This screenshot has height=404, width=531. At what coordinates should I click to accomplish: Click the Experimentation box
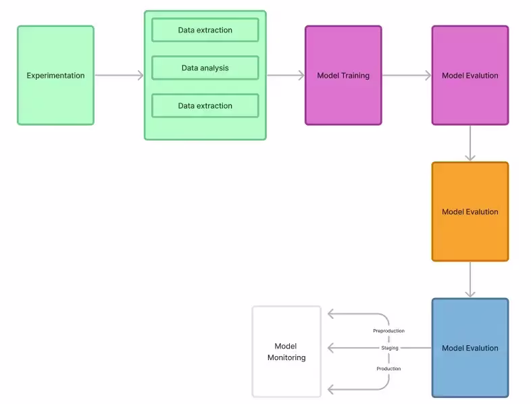[x=55, y=76]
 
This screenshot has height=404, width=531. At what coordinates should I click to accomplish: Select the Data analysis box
[x=205, y=68]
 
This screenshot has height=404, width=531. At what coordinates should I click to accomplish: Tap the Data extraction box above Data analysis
[x=205, y=30]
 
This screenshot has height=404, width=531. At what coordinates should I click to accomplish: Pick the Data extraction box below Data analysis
[x=205, y=106]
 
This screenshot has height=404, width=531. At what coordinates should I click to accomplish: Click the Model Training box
[x=343, y=76]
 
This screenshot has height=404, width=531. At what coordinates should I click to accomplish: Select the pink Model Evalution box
[x=470, y=76]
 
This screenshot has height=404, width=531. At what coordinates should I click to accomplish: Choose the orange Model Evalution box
[x=470, y=211]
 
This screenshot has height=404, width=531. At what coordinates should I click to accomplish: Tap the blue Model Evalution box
[x=470, y=348]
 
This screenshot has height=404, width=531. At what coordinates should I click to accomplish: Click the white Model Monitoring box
[x=286, y=351]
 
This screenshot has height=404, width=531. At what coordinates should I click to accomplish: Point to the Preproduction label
[x=388, y=331]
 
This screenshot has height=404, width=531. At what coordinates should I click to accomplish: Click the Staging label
[x=390, y=348]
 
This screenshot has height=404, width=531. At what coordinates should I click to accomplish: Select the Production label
[x=388, y=369]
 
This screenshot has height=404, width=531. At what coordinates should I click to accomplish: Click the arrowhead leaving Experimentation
[x=141, y=76]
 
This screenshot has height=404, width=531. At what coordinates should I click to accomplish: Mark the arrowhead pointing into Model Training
[x=301, y=76]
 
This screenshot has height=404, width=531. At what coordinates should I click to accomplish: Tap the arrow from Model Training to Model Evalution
[x=407, y=76]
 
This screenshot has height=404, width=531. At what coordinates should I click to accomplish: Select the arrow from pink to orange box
[x=470, y=143]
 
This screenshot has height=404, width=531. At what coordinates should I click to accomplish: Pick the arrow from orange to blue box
[x=470, y=280]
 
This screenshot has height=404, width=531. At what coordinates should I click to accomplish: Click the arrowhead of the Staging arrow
[x=331, y=348]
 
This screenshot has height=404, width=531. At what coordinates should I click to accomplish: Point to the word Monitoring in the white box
[x=286, y=357]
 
